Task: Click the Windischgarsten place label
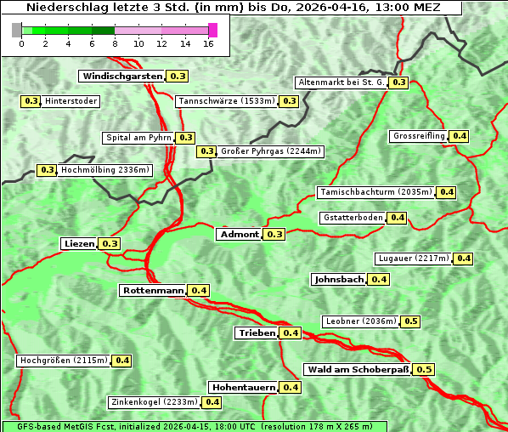pos(122,77)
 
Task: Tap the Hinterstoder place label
pos(71,101)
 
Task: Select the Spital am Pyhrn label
pos(138,138)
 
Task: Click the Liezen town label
pos(79,244)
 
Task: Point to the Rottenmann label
pos(153,291)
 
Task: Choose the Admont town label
pos(239,235)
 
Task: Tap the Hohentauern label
pos(243,388)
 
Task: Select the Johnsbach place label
pos(339,280)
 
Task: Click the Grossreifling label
pos(419,136)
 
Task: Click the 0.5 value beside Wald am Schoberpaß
pos(424,370)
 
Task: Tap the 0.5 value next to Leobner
pos(410,321)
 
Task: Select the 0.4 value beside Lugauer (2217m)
pos(464,259)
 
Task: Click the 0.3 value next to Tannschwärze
pos(289,101)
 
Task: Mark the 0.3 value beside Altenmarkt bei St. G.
pos(398,82)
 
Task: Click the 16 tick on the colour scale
pos(208,43)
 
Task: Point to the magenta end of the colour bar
pos(213,30)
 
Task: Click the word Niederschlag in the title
pos(61,8)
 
